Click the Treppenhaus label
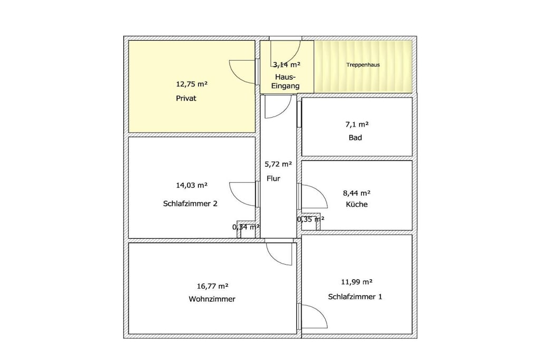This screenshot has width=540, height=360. coord(363,65)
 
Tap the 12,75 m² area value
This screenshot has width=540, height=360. coord(192,84)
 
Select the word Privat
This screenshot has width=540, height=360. coord(186,99)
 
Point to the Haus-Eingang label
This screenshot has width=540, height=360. coord(285,82)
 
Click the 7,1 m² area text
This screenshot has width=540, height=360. coord(357,124)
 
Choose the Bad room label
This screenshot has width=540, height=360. coord(355,138)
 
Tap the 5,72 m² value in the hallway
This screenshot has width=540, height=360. coord(278,164)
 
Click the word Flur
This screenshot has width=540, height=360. coord(274,179)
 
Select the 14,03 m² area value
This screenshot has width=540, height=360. coord(192,186)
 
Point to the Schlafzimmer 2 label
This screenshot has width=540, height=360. coord(190,204)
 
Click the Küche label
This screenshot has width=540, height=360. coord(357,205)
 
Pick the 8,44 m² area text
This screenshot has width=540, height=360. coord(357,193)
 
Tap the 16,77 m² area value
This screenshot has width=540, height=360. coord(213,286)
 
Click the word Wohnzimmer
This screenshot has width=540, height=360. coord(212,299)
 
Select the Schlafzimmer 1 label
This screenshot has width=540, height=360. coord(355,297)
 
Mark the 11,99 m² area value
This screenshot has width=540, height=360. coord(357,282)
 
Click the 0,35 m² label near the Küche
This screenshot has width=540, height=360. coord(311,219)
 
